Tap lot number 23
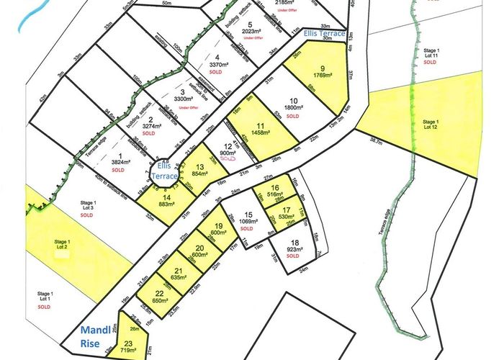[127, 343]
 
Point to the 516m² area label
[274, 194]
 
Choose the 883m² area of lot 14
[166, 204]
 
